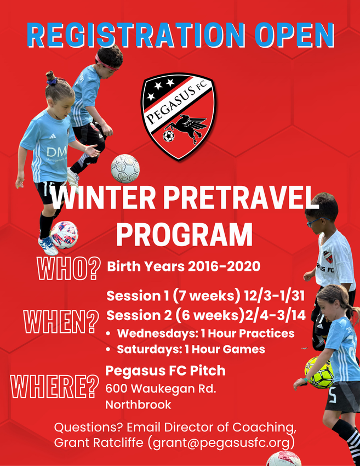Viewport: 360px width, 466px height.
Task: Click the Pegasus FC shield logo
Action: point(178,116)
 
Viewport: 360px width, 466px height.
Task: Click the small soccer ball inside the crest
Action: point(168,136)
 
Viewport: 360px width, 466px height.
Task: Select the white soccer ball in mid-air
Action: point(125,168)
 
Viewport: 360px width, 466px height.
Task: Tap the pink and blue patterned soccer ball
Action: point(64,235)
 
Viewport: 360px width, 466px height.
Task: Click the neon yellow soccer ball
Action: point(319,372)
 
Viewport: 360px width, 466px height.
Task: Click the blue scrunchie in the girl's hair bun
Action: point(52,81)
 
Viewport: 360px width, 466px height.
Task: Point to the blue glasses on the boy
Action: point(316,221)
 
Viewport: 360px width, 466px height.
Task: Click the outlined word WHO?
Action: point(69,269)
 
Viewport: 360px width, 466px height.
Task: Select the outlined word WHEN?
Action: point(61,322)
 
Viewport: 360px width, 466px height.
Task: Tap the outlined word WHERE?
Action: point(55,387)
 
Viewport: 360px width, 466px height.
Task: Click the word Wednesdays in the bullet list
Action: point(157,333)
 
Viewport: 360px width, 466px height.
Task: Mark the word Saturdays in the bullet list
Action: point(148,349)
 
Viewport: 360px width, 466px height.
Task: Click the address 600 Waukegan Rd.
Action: point(161,389)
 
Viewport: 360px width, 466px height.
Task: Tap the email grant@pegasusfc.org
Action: point(221,443)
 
